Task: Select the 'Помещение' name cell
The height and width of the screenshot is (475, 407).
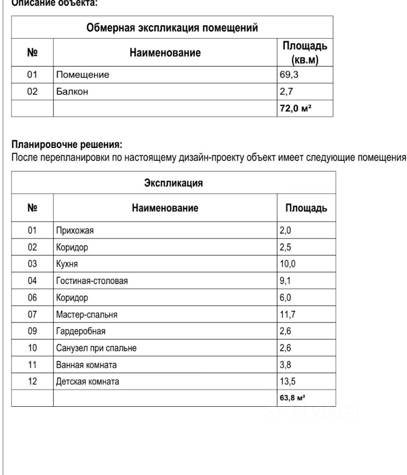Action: (x=82, y=75)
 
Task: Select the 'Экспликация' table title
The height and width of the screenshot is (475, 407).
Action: (x=173, y=183)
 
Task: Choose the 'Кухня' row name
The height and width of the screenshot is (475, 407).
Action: (x=67, y=264)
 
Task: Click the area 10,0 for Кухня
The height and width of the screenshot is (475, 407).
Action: (x=288, y=264)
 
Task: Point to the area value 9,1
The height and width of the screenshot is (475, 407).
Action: (x=286, y=281)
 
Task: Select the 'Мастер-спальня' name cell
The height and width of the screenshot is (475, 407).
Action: (x=87, y=314)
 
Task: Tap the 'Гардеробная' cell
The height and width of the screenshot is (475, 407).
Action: (x=78, y=331)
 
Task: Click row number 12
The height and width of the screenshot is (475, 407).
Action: (x=32, y=381)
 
